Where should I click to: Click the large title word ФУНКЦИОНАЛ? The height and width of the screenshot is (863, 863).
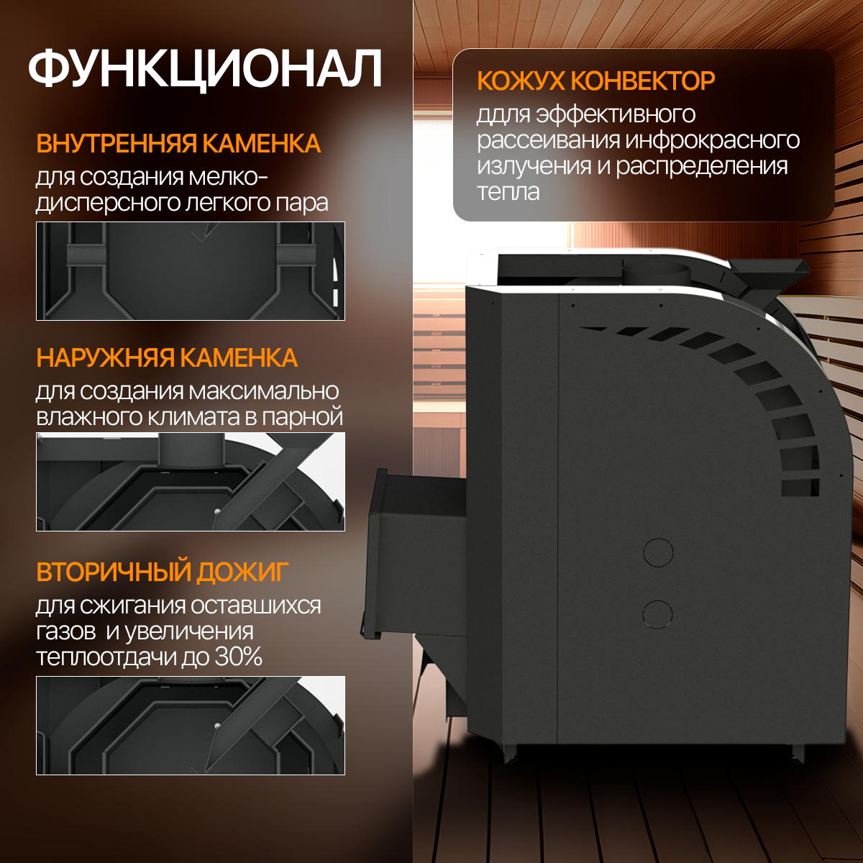(x=205, y=69)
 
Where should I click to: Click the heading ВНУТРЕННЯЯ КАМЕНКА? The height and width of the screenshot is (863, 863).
(x=178, y=144)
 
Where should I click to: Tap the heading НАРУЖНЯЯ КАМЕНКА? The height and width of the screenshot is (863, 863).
(x=167, y=357)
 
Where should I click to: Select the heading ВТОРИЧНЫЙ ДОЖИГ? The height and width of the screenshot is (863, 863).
(x=163, y=572)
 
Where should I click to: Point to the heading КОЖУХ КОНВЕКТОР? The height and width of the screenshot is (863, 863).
(x=595, y=81)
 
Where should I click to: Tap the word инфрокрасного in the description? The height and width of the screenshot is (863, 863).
(x=712, y=140)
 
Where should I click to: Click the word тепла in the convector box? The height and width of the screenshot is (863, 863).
(x=508, y=192)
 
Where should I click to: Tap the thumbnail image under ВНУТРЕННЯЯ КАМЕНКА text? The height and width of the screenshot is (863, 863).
(x=191, y=271)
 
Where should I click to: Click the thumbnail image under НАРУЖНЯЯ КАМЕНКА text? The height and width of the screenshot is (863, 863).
(x=191, y=482)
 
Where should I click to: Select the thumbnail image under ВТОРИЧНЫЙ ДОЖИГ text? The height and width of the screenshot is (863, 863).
(x=191, y=725)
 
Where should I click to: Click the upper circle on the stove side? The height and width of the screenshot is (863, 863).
(x=657, y=552)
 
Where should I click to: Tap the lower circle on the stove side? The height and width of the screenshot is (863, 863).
(x=657, y=614)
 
